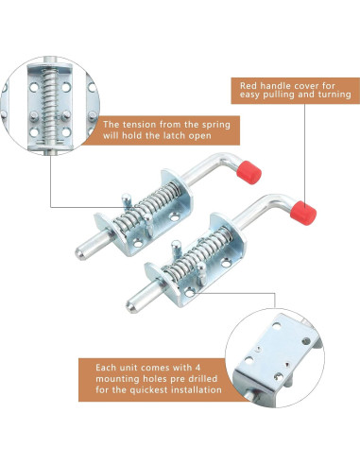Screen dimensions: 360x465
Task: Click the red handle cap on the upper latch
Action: click(x=250, y=172)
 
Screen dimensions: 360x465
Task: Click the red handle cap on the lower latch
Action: click(x=303, y=213)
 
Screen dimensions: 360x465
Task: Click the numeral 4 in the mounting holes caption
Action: click(x=197, y=368)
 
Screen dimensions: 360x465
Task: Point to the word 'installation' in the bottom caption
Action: click(x=197, y=389)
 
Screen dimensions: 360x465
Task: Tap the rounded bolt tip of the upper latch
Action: click(x=80, y=253)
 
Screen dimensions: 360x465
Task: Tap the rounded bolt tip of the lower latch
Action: click(x=131, y=306)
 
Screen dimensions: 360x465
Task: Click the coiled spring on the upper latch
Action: click(x=147, y=208)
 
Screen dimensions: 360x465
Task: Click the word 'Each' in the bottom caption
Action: click(x=106, y=368)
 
